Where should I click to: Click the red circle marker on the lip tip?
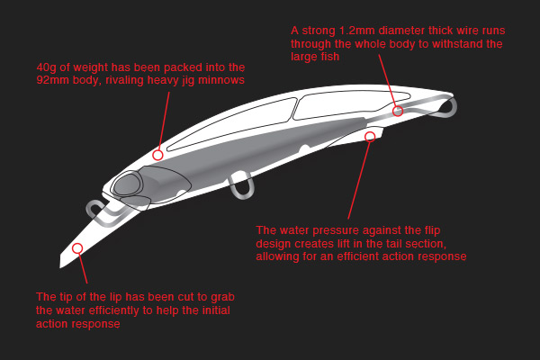[77, 248]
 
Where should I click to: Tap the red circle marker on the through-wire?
[398, 111]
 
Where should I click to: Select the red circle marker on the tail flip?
[370, 137]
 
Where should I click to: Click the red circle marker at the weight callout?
[157, 155]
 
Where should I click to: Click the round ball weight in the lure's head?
[128, 184]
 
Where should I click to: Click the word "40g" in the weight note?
[47, 67]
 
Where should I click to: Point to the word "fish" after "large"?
[330, 56]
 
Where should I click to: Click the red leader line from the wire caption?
[387, 80]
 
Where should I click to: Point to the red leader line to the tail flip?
[358, 180]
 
